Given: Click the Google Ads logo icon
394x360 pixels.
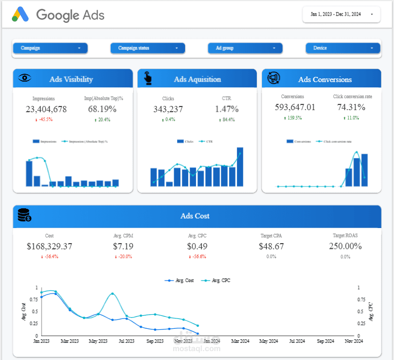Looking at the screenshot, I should pos(20,15).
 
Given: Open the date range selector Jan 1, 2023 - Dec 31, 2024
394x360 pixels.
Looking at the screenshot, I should pos(341,15).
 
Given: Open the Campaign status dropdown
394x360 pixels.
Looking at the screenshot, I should pos(148,48).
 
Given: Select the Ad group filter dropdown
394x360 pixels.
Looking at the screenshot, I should pos(245,48).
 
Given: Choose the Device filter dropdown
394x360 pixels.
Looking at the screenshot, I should pos(343,48).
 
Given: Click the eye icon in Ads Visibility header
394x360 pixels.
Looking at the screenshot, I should pos(25,78).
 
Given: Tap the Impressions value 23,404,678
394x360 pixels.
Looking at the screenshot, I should pos(46,109).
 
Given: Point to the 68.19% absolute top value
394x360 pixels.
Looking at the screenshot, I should pos(102,109).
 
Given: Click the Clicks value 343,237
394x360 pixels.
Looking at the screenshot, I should pos(168,109).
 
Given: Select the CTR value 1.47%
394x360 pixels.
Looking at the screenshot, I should pos(227,109).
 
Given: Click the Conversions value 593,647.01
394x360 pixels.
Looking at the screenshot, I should pos(295,108).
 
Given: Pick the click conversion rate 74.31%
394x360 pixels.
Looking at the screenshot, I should pos(351,108).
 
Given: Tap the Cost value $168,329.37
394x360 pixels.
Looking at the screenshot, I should pos(49,246).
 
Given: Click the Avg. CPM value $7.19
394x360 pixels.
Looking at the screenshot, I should pos(123,246).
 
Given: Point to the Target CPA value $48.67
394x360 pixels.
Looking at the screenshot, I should pos(271,246).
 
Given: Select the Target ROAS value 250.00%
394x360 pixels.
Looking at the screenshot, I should pos(345,246).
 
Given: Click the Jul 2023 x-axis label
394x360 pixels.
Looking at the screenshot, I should pos(127,341).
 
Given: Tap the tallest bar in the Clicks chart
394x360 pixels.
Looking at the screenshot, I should pos(240,167).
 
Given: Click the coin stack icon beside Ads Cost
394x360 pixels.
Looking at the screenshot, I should pos(24,216).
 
